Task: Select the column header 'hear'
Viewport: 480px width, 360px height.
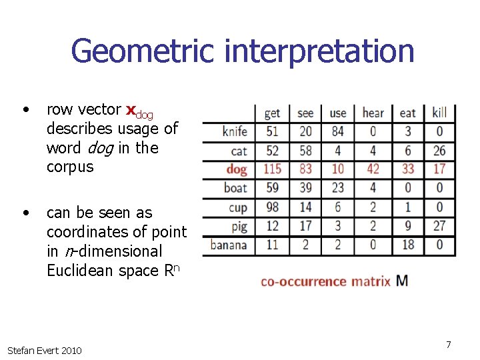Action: [x=373, y=113]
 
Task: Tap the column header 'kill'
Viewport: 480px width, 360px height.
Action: [x=439, y=113]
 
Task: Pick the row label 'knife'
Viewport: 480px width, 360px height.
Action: [x=235, y=131]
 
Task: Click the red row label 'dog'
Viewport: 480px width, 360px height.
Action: [x=236, y=169]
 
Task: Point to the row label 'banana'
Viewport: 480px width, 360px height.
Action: [x=228, y=245]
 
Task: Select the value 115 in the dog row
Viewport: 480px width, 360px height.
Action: [x=272, y=169]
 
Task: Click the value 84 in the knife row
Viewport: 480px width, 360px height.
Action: [x=338, y=131]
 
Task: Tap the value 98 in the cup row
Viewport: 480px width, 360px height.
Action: [x=272, y=207]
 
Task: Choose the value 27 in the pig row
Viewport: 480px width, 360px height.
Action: [x=439, y=226]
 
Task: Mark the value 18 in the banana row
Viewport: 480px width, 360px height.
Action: [x=407, y=245]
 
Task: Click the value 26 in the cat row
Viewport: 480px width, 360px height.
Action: [x=439, y=151]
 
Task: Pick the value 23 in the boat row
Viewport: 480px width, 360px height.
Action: [x=338, y=188]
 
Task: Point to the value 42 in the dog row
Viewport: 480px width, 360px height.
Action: [x=373, y=169]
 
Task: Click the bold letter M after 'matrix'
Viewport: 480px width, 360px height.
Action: [x=402, y=280]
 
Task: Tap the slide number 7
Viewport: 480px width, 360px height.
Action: [x=449, y=345]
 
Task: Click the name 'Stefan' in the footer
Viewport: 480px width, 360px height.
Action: [x=22, y=350]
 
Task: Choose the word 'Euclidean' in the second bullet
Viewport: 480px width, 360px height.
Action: [x=80, y=271]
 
